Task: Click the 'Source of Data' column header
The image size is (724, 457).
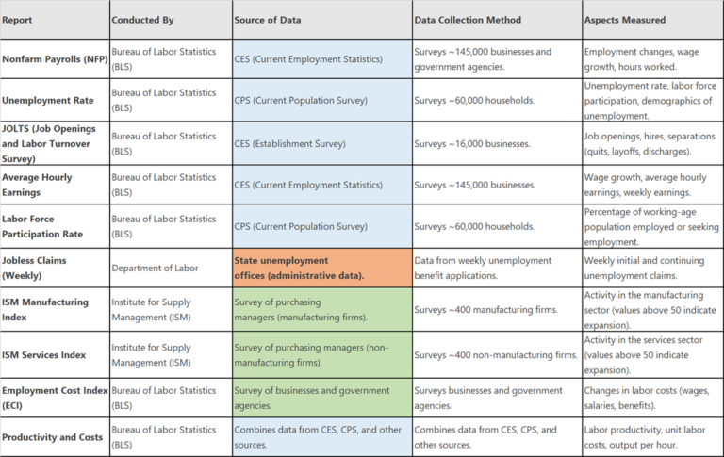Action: pos(271,20)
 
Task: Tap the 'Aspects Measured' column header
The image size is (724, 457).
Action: pos(625,20)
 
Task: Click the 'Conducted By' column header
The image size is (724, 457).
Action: pos(142,20)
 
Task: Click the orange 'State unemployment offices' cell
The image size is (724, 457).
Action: pos(321,268)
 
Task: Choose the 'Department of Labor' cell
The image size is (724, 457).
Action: pos(156,268)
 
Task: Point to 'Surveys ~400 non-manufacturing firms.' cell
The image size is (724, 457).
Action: pos(496,354)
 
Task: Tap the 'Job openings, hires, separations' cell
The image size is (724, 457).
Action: pos(650,144)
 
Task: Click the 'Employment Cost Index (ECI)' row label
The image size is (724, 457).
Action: pos(52,396)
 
